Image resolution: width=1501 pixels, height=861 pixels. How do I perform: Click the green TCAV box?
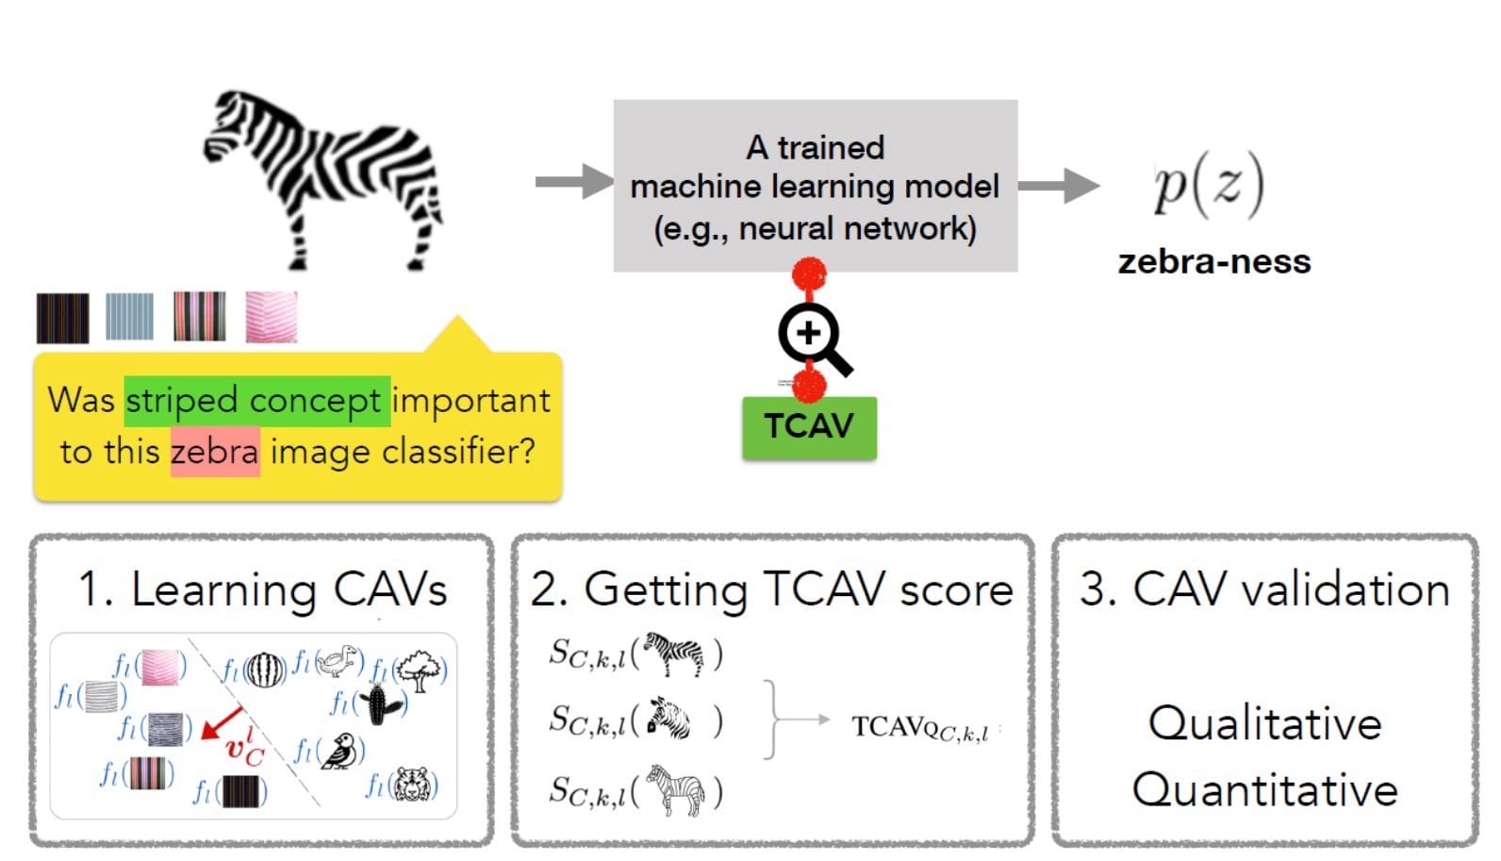pos(809,427)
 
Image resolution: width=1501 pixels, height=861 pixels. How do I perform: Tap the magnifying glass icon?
pos(811,336)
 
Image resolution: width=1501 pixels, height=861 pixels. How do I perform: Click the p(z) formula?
pos(1209,187)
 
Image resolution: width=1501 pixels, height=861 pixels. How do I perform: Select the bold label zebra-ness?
pos(1213,261)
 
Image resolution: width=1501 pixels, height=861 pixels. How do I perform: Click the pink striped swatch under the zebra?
pos(272,317)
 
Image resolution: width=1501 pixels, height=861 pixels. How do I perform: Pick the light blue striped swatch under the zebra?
pos(129,317)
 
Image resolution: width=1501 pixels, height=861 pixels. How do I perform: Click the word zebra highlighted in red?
pos(214,452)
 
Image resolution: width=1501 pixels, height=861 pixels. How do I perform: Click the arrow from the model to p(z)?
pos(1057,185)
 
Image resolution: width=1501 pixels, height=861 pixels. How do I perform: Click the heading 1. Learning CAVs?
pos(262,590)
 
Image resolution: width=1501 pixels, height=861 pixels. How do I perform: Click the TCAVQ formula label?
pos(919,727)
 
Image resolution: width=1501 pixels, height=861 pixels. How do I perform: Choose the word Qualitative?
pos(1264,724)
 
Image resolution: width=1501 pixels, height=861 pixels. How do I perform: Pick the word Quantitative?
pos(1264,789)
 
